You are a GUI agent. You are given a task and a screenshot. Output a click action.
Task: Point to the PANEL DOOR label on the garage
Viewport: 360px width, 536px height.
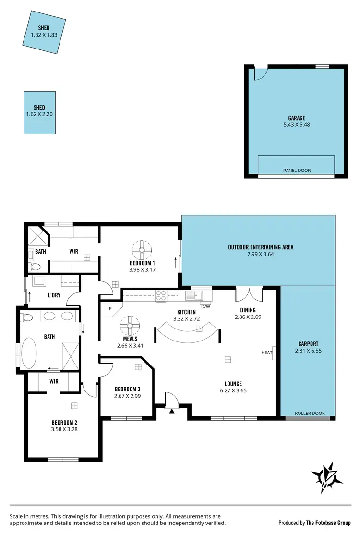(296, 171)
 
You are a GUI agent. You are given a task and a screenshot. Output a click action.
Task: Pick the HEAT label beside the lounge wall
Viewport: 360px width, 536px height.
(266, 353)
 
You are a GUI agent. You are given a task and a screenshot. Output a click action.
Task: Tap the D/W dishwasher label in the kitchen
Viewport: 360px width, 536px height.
(205, 306)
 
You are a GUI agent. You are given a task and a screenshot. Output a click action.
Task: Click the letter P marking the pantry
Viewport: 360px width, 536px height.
(110, 309)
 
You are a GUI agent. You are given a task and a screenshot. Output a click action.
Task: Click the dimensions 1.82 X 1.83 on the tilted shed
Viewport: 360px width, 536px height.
(44, 35)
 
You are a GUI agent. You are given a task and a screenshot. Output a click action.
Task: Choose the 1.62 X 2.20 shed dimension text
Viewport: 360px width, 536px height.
(39, 114)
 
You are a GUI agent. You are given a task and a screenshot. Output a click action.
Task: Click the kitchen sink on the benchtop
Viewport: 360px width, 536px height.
(196, 295)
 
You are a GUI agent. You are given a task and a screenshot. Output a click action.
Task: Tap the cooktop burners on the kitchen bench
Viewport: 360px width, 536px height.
(160, 295)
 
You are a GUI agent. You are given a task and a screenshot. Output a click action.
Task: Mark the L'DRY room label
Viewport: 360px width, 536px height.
(53, 295)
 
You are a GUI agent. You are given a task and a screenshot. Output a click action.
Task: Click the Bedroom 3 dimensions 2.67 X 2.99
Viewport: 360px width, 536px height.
(127, 396)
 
